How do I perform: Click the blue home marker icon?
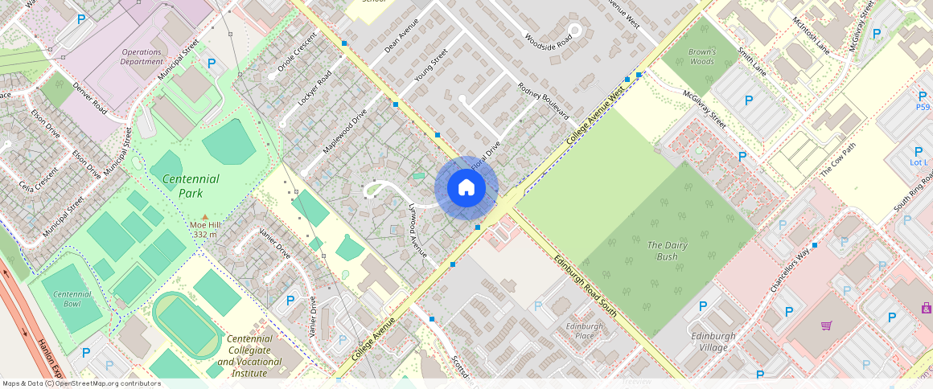click(x=466, y=188)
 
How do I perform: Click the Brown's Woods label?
click(x=701, y=56)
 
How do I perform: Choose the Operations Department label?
click(x=142, y=56)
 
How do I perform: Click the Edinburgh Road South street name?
click(x=585, y=285)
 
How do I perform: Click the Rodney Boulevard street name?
click(x=543, y=100)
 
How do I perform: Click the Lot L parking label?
click(x=919, y=163)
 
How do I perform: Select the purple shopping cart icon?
click(x=826, y=326)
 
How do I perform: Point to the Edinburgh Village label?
click(x=708, y=342)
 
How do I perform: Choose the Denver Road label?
click(x=89, y=97)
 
